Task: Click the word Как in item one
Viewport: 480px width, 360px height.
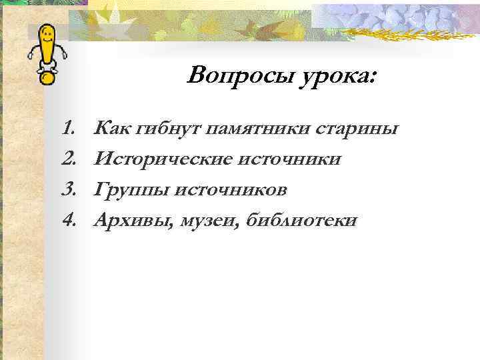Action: point(112,127)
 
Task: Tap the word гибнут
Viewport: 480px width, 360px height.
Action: point(168,127)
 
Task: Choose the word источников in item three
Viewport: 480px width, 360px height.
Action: point(231,189)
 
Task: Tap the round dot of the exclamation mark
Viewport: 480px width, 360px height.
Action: point(47,77)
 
